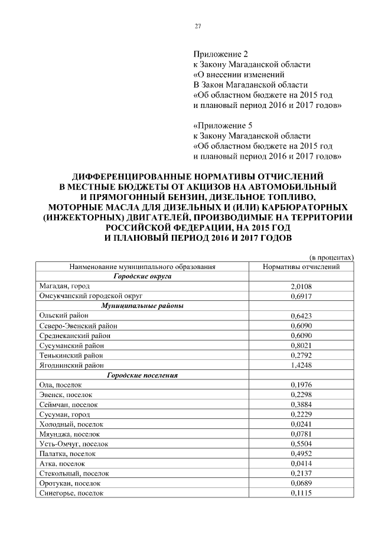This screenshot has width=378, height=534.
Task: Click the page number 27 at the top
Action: pos(198,25)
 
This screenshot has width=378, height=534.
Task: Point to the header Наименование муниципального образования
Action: pos(142,267)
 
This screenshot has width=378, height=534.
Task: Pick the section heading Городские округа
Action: pos(142,276)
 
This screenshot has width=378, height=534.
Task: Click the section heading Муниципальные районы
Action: pos(142,306)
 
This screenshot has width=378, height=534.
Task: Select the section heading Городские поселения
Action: pos(142,375)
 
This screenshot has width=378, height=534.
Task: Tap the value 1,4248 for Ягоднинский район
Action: pos(301,365)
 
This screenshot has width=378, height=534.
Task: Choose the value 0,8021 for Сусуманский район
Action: pos(301,345)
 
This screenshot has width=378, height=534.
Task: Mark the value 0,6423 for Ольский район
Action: pos(301,316)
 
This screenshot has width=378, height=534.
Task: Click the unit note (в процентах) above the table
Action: pos(331,257)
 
